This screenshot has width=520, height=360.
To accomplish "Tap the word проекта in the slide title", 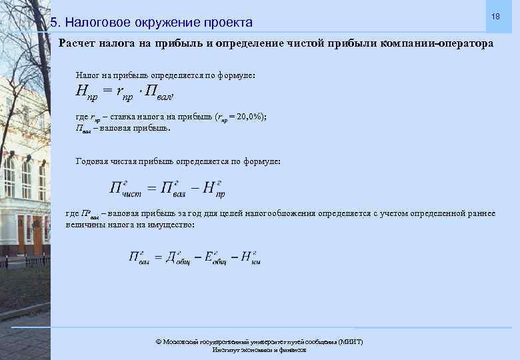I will click(229, 23).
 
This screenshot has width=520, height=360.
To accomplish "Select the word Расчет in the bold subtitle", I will click(76, 43).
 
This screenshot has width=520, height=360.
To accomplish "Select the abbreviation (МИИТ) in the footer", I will click(351, 341).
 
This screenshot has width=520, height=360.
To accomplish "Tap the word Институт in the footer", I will click(227, 349).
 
